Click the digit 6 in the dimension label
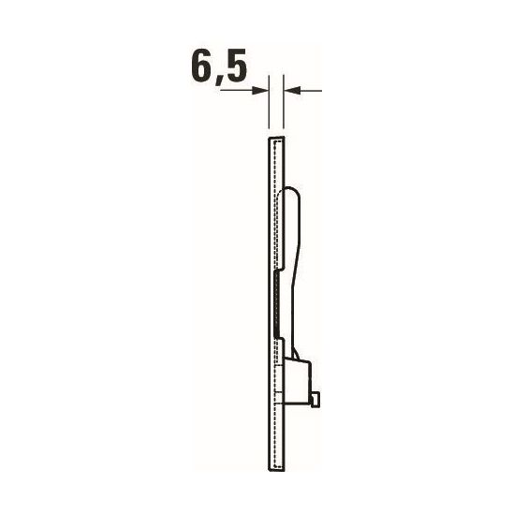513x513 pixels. click(201, 68)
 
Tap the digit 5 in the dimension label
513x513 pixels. click(240, 68)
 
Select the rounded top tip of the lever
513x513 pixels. click(290, 191)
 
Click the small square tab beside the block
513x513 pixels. click(320, 400)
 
